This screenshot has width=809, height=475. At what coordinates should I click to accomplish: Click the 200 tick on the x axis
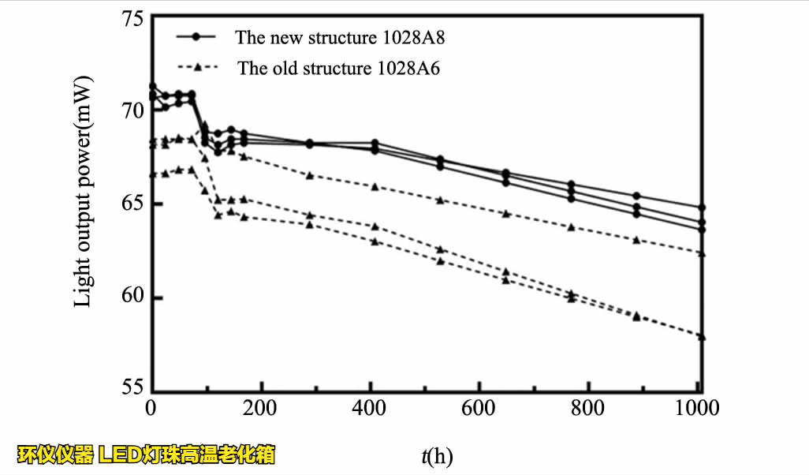(x=261, y=409)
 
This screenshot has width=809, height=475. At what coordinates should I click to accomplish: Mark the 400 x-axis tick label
(x=371, y=409)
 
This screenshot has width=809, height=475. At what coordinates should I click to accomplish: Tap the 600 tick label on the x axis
(x=479, y=409)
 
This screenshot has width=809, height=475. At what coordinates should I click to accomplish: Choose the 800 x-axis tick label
(x=589, y=409)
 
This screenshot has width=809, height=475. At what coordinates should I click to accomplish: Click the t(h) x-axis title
(x=437, y=455)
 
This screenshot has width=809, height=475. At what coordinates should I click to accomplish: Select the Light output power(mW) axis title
(x=84, y=192)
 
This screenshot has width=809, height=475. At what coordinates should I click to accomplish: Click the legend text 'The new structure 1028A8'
(x=345, y=37)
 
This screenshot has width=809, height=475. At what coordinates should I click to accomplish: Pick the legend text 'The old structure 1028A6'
(x=339, y=68)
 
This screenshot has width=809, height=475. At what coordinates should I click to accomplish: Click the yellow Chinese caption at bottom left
(x=147, y=454)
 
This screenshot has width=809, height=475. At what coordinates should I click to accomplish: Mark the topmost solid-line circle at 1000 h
(x=701, y=208)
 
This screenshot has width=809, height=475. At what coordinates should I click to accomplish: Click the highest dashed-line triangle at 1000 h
(x=701, y=253)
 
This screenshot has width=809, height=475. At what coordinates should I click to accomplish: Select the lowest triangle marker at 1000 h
(x=701, y=337)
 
